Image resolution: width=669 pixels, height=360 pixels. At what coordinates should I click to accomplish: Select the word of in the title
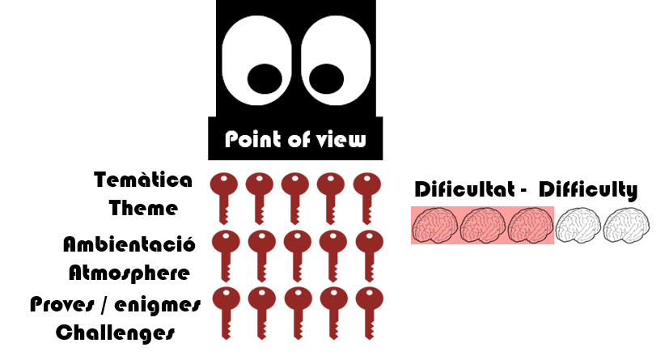(x=299, y=140)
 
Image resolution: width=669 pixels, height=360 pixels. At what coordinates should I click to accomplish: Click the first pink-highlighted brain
(x=434, y=225)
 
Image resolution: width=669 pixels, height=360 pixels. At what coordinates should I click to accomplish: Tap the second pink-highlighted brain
(x=483, y=225)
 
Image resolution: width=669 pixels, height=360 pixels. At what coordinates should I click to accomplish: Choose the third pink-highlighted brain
(x=531, y=225)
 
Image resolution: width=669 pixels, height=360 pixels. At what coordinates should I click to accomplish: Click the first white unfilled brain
(x=578, y=225)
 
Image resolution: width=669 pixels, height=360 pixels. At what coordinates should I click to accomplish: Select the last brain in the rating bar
(x=627, y=225)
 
